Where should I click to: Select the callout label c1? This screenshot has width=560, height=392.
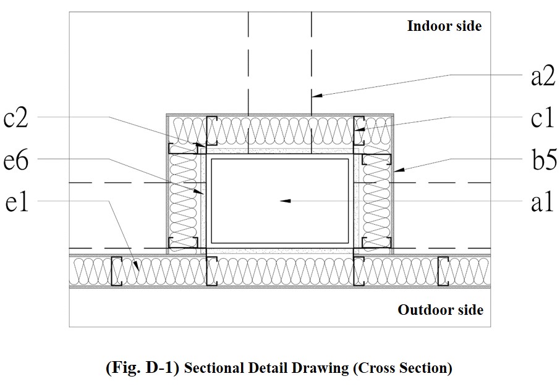(x=542, y=118)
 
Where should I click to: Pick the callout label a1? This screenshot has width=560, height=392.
(x=542, y=202)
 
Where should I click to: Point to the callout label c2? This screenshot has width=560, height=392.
(x=18, y=118)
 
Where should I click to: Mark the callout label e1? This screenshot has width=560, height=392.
(x=18, y=202)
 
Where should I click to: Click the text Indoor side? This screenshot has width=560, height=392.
(x=444, y=26)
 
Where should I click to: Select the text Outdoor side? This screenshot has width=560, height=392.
(x=440, y=309)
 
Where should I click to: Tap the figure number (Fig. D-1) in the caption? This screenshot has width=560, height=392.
(x=143, y=369)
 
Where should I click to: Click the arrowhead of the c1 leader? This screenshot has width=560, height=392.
(x=358, y=130)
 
